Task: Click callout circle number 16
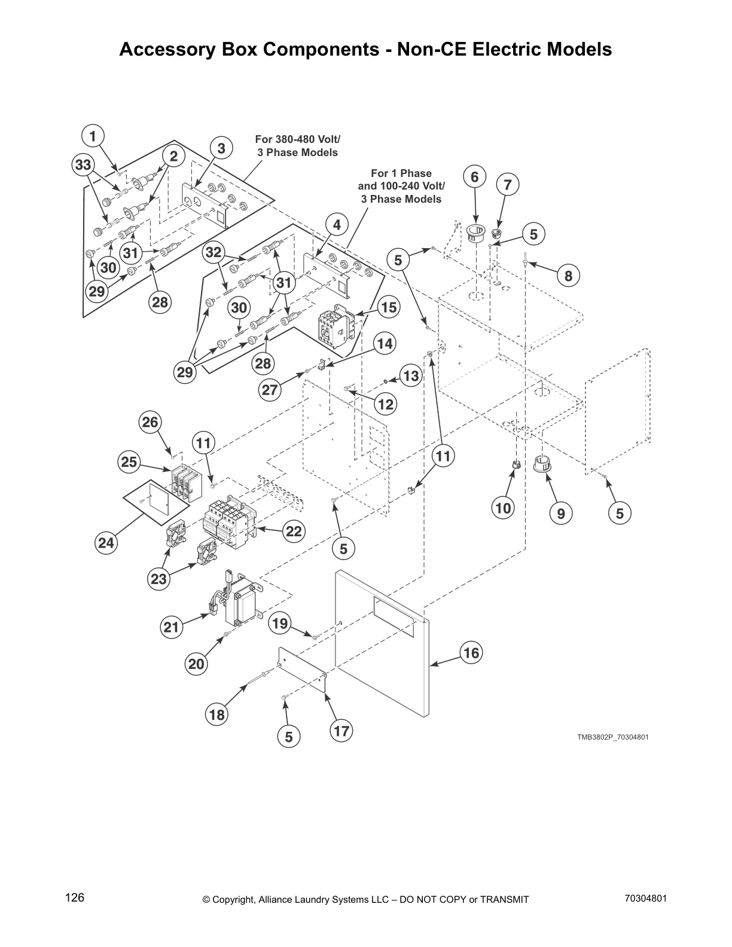[471, 653]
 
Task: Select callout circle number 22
[294, 531]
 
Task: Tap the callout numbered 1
[93, 136]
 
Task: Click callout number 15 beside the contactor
[389, 307]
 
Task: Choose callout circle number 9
[561, 513]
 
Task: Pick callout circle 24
[106, 543]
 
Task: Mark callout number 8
[568, 276]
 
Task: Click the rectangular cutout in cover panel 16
[392, 617]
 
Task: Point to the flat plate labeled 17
[303, 671]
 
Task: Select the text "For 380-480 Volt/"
[298, 139]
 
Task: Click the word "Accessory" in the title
[163, 50]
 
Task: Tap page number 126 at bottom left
[75, 897]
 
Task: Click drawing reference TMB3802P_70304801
[612, 737]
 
